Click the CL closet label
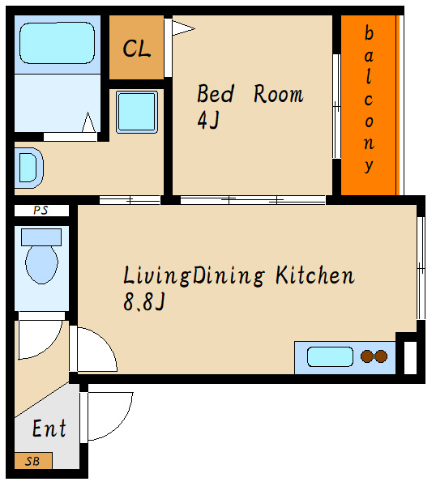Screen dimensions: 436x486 [137, 49]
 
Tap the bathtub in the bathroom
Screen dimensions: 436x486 [57, 43]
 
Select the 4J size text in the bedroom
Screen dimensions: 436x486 [208, 120]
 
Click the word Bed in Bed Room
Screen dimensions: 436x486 [216, 93]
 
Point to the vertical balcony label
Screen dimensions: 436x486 [369, 99]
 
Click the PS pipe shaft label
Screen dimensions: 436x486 [41, 211]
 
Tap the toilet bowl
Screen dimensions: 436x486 [41, 264]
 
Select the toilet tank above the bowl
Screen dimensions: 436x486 [41, 237]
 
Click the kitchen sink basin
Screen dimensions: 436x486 [330, 356]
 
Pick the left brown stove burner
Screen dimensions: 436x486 [367, 356]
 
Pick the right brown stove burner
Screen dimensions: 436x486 [381, 356]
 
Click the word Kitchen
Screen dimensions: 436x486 [315, 275]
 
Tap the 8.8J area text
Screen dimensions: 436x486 [144, 302]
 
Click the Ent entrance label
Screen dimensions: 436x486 [49, 428]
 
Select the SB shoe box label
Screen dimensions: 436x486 [32, 461]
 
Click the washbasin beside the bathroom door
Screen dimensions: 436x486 [29, 168]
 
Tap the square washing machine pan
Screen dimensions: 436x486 [137, 112]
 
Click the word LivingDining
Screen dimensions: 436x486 [194, 275]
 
